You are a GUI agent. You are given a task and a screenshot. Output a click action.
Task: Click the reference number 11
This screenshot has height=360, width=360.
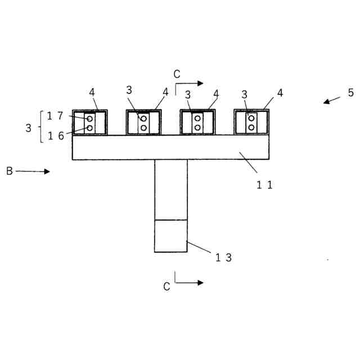[264, 184]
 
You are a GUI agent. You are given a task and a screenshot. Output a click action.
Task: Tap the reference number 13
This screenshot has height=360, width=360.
[223, 258]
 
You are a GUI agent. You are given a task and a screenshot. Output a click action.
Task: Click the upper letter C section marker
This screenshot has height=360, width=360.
[177, 74]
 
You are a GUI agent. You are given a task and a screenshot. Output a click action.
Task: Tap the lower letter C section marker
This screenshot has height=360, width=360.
[166, 287]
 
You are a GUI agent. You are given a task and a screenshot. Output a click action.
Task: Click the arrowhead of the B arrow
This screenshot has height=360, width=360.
[47, 172]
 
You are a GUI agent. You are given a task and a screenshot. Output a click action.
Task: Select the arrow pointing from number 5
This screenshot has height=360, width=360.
[331, 100]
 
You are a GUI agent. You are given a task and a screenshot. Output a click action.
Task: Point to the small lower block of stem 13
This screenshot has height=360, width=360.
[171, 236]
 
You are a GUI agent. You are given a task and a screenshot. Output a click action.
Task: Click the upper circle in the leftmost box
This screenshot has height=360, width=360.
[89, 119]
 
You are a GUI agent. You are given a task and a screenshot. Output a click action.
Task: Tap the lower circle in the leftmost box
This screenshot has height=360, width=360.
[89, 128]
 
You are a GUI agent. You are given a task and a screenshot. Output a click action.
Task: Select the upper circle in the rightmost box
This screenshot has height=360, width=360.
[251, 118]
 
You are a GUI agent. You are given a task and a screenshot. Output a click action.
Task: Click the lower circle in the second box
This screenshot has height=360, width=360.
[143, 128]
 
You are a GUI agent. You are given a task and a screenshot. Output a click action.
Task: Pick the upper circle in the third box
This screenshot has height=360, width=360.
[197, 118]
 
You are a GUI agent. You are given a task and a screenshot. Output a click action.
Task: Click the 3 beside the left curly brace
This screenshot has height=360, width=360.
[29, 128]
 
